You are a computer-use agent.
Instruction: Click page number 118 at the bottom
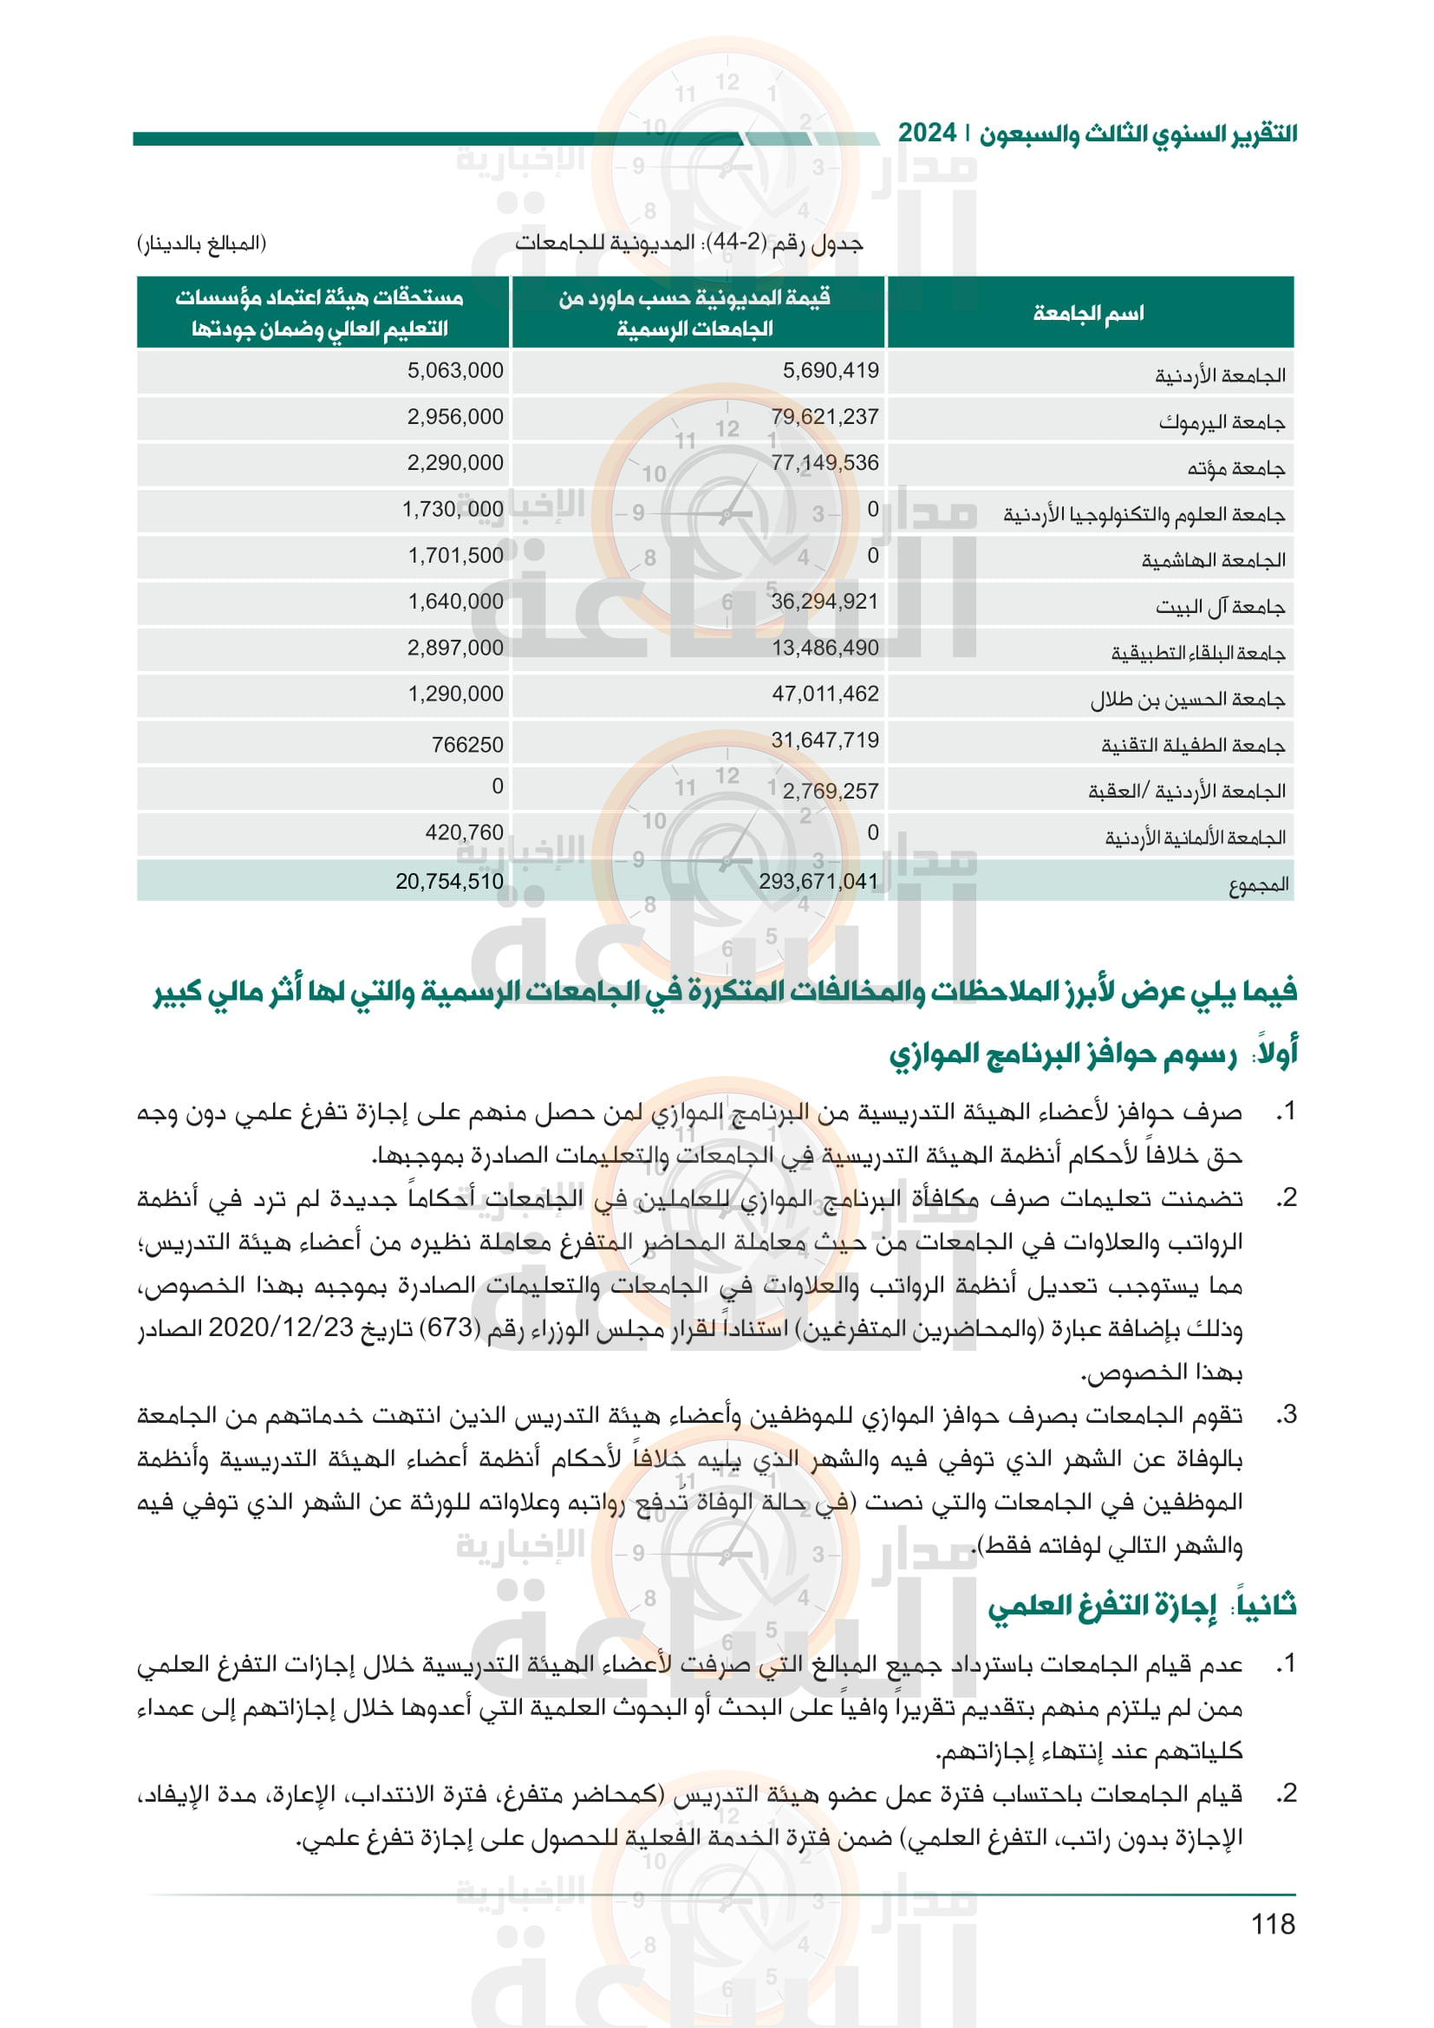point(1273,1924)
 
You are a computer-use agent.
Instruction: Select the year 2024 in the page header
point(927,134)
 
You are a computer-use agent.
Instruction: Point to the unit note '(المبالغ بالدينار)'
point(201,243)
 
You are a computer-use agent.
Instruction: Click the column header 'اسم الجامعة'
point(1088,313)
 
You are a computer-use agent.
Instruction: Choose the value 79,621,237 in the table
point(825,417)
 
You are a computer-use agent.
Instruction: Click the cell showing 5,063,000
point(455,370)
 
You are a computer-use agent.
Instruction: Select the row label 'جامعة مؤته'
point(1235,469)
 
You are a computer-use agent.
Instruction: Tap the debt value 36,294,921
point(825,602)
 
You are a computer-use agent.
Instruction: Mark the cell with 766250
point(467,745)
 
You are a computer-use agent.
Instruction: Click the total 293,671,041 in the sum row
point(818,881)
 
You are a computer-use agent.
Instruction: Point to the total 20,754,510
point(449,881)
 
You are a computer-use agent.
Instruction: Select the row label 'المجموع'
point(1258,884)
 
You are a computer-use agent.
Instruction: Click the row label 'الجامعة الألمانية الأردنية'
point(1195,838)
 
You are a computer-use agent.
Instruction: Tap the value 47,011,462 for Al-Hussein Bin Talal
point(825,694)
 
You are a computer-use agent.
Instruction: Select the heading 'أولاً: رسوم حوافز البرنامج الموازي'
point(1092,1053)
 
